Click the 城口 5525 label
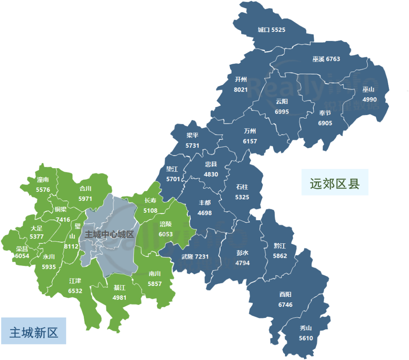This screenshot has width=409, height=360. point(272,30)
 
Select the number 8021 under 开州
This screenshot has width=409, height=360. point(241,90)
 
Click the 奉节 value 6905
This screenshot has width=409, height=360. point(325,123)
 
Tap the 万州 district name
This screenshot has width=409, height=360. point(250,131)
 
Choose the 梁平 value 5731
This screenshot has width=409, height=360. point(192,146)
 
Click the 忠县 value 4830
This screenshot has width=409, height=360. point(211,174)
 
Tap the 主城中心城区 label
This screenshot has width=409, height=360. point(109,234)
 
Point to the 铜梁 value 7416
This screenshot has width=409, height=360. point(63,220)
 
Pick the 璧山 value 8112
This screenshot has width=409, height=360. point(72,246)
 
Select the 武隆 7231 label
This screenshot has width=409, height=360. point(195,257)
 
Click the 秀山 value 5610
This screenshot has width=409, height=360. point(306,338)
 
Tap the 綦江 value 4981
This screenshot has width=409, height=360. point(119,297)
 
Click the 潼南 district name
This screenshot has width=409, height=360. point(43,180)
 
